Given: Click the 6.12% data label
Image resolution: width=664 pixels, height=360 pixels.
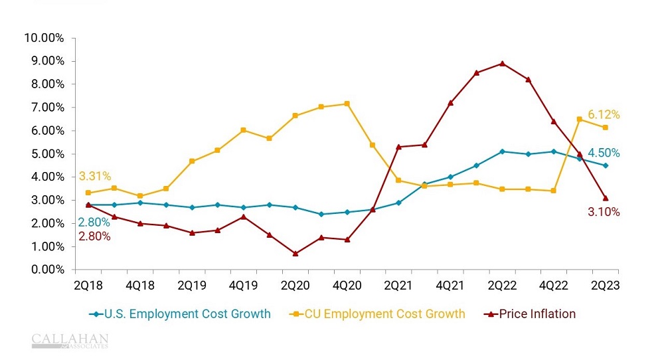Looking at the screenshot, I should click(x=604, y=115).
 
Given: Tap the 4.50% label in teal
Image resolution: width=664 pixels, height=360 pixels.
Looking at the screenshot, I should click(x=604, y=153).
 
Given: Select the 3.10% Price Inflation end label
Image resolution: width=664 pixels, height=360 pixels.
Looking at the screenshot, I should click(x=604, y=213).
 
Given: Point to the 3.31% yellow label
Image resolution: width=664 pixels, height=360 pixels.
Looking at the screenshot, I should click(x=94, y=177).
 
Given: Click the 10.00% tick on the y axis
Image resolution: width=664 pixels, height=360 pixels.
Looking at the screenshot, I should click(x=43, y=38).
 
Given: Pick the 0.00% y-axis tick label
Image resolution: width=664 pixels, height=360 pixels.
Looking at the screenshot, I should click(x=46, y=270).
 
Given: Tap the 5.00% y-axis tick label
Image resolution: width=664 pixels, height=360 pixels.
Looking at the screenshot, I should click(x=46, y=154).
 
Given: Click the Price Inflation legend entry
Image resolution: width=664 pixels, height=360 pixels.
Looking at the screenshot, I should click(x=531, y=314).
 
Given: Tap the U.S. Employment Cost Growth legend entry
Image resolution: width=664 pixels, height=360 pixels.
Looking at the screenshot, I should click(x=180, y=314).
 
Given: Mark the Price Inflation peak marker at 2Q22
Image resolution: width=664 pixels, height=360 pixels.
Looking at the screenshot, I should click(x=502, y=64).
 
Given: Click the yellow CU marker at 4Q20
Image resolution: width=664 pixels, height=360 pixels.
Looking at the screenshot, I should click(x=347, y=104).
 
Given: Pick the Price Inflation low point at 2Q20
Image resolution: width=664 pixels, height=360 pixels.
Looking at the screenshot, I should click(x=295, y=253).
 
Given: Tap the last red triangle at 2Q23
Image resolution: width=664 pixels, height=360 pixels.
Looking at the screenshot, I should click(x=605, y=197).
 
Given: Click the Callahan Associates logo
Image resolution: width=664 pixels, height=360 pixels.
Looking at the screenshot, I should click(x=70, y=341).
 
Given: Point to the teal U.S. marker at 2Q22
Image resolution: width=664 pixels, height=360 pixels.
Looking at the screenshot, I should click(x=502, y=151).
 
